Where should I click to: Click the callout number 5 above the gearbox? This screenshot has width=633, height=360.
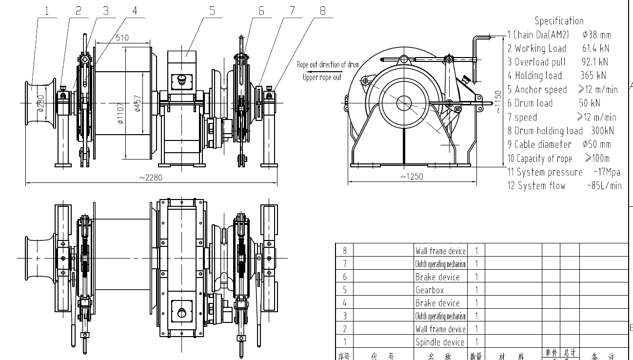pos(212,11)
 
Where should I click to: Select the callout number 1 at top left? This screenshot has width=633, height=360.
pos(47,11)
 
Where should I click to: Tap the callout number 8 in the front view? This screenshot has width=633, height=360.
pos(322,11)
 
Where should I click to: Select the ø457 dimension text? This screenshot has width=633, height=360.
pos(138,103)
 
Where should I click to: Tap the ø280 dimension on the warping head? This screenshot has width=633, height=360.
pos(41,103)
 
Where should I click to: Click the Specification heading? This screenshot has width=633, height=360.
pos(559,20)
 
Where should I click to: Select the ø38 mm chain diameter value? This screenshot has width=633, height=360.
pos(596,35)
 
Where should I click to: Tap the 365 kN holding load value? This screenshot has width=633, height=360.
pos(593,76)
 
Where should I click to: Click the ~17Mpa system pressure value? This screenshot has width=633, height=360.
pos(606,172)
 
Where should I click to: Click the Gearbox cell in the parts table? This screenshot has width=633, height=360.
pos(430,290)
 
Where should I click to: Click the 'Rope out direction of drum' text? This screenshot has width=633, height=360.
pos(328,64)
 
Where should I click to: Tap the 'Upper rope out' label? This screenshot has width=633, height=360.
pos(322,77)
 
